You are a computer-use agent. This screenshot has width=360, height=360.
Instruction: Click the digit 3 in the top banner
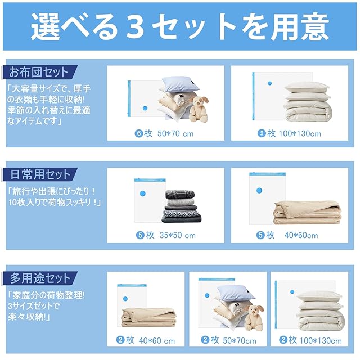pyautogui.click(x=135, y=27)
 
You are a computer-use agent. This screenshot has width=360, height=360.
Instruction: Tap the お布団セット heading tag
pyautogui.click(x=39, y=72)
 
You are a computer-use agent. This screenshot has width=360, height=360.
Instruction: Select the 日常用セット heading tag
pyautogui.click(x=39, y=174)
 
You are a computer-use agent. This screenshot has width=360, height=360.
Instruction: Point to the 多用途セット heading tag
pyautogui.click(x=39, y=278)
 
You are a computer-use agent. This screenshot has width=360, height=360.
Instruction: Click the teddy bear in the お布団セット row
pyautogui.click(x=199, y=109)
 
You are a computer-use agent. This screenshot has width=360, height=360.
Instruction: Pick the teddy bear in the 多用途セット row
pyautogui.click(x=254, y=317)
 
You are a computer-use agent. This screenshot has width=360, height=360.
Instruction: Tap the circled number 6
pyautogui.click(x=139, y=133)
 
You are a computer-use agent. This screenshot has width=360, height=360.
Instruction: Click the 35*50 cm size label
pyautogui.click(x=178, y=235)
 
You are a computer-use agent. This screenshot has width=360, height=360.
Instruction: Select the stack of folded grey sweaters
pyautogui.click(x=182, y=206)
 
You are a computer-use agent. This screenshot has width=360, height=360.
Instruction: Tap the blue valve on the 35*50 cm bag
pyautogui.click(x=142, y=193)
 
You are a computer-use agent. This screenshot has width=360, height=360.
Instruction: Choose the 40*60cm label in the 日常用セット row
pyautogui.click(x=301, y=235)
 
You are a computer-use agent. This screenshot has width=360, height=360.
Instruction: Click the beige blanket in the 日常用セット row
pyautogui.click(x=307, y=213)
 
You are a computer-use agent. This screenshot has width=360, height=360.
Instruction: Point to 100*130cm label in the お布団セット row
pyautogui.click(x=300, y=133)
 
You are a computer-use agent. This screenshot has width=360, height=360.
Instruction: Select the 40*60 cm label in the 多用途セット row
pyautogui.click(x=157, y=341)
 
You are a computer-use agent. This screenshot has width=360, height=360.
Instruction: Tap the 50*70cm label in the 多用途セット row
pyautogui.click(x=240, y=341)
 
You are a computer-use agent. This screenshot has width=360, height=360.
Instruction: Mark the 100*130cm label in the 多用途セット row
pyautogui.click(x=321, y=341)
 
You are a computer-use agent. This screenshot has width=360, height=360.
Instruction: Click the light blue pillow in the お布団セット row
pyautogui.click(x=181, y=84)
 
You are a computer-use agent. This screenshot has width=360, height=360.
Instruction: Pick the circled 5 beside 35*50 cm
pyautogui.click(x=140, y=235)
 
